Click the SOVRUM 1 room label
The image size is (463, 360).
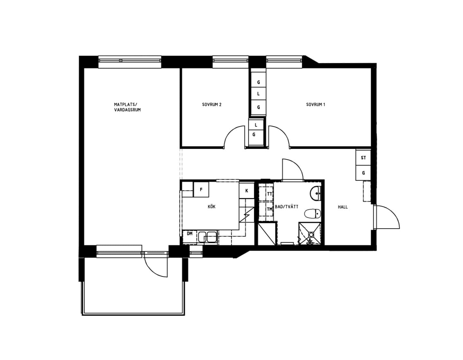[x=316, y=104]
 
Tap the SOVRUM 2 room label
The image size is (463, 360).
[x=212, y=104]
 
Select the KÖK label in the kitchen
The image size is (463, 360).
[x=212, y=207]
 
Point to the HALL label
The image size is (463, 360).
[x=343, y=207]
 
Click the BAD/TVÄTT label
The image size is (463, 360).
[x=287, y=207]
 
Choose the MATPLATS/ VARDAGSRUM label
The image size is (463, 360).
[x=127, y=107]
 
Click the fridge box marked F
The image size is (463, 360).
[x=201, y=189]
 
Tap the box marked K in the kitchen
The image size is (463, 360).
[x=246, y=191]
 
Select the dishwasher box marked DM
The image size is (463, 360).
[x=190, y=237]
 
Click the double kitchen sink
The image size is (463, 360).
[x=208, y=237]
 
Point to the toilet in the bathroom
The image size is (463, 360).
[x=312, y=214]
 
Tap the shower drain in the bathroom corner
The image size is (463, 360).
[x=311, y=234]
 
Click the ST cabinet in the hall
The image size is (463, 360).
[x=363, y=157]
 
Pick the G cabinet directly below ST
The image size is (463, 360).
[x=363, y=173]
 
